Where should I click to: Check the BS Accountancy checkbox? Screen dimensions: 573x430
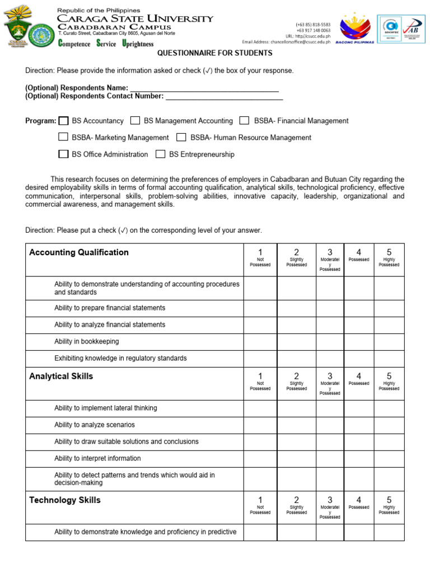(x=64, y=121)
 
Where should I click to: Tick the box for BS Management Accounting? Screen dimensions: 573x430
(x=135, y=121)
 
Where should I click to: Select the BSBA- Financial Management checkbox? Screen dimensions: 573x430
(x=244, y=121)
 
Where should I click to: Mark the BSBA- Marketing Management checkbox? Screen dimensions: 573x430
(x=64, y=138)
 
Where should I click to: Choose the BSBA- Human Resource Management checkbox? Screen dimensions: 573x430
(x=181, y=138)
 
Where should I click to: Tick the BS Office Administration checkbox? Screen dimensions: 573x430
(x=64, y=154)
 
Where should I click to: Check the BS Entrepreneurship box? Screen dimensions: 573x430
(x=161, y=154)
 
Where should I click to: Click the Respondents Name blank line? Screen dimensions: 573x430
(x=204, y=88)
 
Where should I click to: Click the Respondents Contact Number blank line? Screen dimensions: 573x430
(x=224, y=96)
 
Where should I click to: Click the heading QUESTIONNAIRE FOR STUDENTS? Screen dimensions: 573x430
(x=214, y=53)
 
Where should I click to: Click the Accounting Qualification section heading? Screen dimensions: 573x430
(x=79, y=252)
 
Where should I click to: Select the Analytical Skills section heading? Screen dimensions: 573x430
(x=61, y=376)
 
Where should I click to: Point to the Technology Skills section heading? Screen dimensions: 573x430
(x=65, y=500)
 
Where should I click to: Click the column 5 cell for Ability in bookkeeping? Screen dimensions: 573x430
(x=389, y=341)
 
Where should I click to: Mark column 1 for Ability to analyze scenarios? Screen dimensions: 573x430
(x=260, y=425)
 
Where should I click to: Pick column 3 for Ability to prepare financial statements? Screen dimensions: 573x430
(x=330, y=308)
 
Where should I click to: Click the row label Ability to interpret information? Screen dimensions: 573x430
(x=97, y=458)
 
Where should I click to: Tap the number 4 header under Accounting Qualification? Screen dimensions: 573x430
(x=358, y=252)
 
